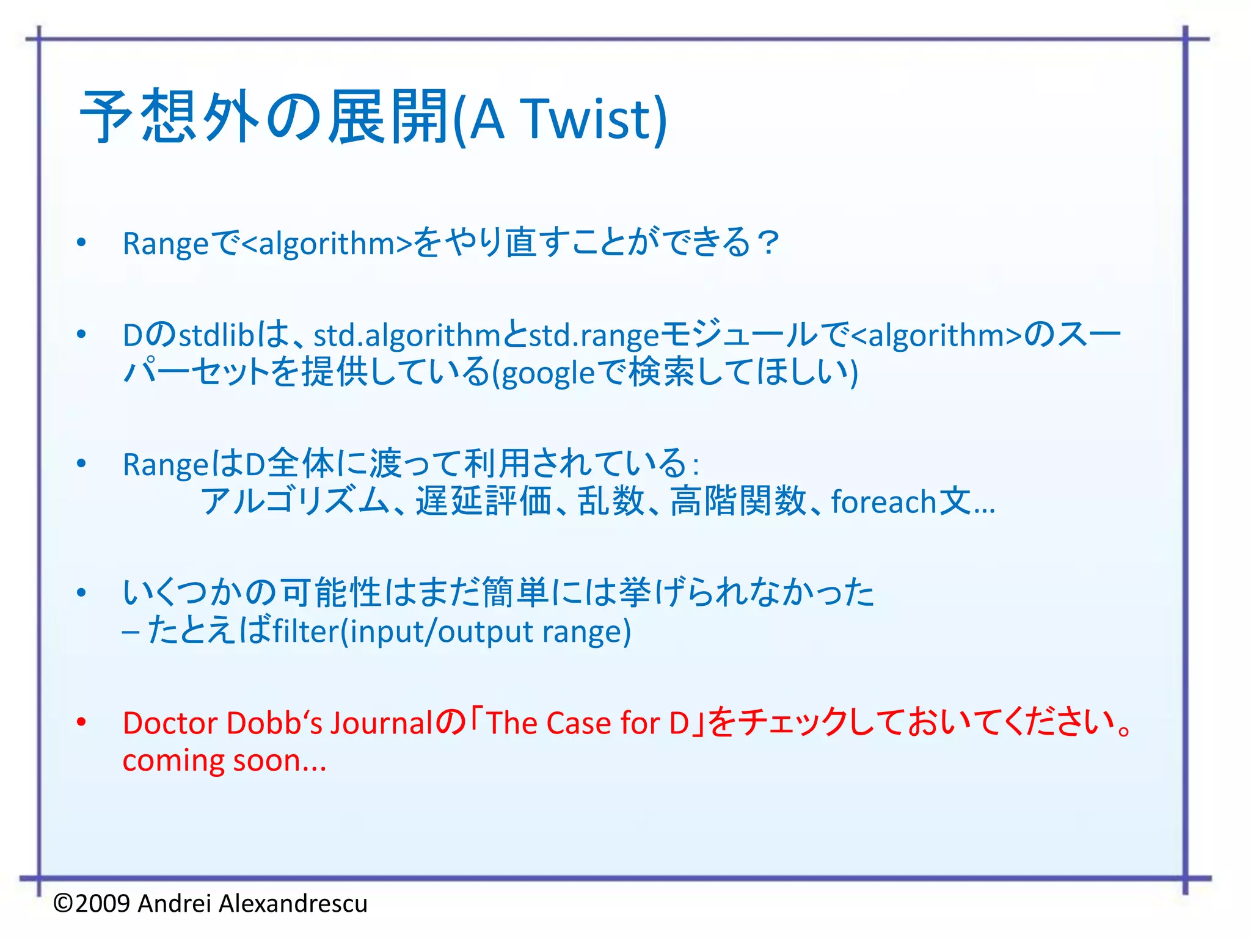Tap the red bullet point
[81, 722]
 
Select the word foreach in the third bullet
[883, 502]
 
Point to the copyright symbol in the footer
[64, 903]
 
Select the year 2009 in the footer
[103, 903]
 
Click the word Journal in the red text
[382, 723]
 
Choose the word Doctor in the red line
[170, 723]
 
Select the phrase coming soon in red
[224, 761]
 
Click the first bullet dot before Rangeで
[81, 243]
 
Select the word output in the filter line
[486, 631]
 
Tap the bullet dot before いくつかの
[81, 593]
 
